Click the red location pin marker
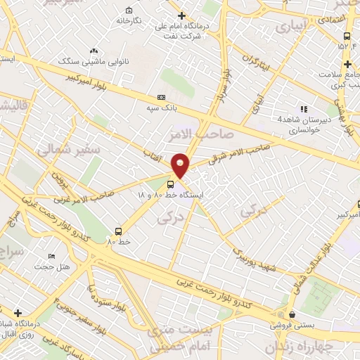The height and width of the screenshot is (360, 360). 181,165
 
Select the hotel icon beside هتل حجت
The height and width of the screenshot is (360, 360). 51,257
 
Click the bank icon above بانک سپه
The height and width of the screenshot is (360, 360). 162,98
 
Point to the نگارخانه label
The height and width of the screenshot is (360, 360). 133,20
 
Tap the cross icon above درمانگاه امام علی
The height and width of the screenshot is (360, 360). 181,15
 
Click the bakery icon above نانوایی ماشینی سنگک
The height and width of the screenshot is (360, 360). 94,51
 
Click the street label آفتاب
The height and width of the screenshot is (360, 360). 153,153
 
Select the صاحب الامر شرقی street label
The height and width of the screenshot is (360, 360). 240,150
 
